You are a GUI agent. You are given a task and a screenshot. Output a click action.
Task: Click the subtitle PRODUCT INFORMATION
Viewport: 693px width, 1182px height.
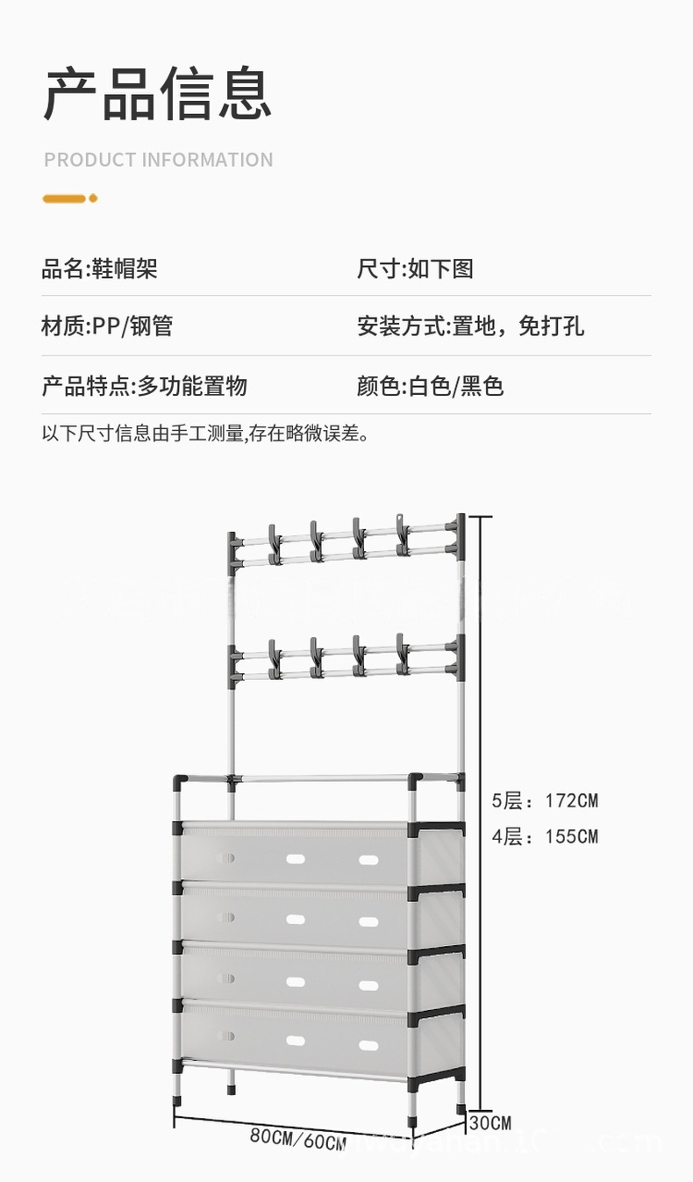coord(159,160)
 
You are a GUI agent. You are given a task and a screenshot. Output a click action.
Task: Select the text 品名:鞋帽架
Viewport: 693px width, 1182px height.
coord(99,269)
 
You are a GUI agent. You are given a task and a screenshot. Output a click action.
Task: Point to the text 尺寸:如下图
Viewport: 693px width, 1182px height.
coord(415,269)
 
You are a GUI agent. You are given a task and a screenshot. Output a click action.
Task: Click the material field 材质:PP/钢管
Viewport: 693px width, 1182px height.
coord(107,326)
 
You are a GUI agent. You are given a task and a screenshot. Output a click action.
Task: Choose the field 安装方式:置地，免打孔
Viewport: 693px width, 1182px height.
coord(470,326)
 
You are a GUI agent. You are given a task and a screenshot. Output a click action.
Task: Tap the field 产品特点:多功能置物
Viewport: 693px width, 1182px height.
coord(144,385)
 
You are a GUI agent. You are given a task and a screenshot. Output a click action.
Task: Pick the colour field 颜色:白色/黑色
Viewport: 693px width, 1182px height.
coord(430,385)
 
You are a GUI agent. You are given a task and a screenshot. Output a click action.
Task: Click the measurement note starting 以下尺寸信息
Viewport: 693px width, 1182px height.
coord(204,433)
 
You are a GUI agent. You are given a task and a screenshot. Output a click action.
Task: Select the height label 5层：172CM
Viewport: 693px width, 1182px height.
coord(544,800)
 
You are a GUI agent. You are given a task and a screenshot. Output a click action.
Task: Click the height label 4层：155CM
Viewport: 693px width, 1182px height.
coord(544,836)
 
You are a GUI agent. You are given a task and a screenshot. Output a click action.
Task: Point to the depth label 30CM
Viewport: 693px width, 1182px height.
coord(489,1122)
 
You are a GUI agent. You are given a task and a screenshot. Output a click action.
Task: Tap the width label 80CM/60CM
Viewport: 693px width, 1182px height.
coord(297,1138)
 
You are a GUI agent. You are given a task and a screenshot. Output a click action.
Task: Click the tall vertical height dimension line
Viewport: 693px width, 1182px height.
coord(479,807)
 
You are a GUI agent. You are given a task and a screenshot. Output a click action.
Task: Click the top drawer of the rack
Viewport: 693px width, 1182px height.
coord(296,854)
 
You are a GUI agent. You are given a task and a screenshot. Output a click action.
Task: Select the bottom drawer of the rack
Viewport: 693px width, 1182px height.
coord(296,1035)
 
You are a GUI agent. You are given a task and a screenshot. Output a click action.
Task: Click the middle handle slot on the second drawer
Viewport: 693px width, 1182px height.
coord(296,919)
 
